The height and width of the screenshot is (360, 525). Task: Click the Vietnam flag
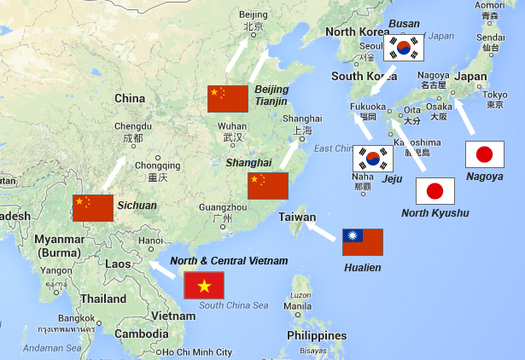point(204,285)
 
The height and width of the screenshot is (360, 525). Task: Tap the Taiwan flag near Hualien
point(362,242)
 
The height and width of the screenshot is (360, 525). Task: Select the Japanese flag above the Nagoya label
point(484,154)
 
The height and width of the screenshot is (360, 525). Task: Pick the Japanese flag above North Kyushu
point(435,190)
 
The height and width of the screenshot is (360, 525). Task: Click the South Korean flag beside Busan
point(404,48)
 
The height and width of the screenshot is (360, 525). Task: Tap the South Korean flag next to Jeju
point(373,157)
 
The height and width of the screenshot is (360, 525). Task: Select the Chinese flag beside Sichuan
point(92,207)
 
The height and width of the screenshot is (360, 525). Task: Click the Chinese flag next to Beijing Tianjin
point(228,99)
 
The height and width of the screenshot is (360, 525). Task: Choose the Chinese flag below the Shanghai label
point(268,186)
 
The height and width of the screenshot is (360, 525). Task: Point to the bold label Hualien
point(362,267)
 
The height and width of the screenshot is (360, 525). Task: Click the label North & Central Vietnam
point(229,261)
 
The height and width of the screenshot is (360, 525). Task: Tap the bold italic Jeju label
point(392,179)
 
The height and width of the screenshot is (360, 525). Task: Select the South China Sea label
point(233,305)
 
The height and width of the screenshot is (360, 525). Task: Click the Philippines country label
point(316,335)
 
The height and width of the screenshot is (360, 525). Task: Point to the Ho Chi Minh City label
point(197,352)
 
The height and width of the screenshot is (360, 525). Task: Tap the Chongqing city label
point(158,165)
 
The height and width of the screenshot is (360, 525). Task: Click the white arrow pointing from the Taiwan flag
point(321,229)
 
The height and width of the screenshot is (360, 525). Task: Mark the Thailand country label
point(103,299)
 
